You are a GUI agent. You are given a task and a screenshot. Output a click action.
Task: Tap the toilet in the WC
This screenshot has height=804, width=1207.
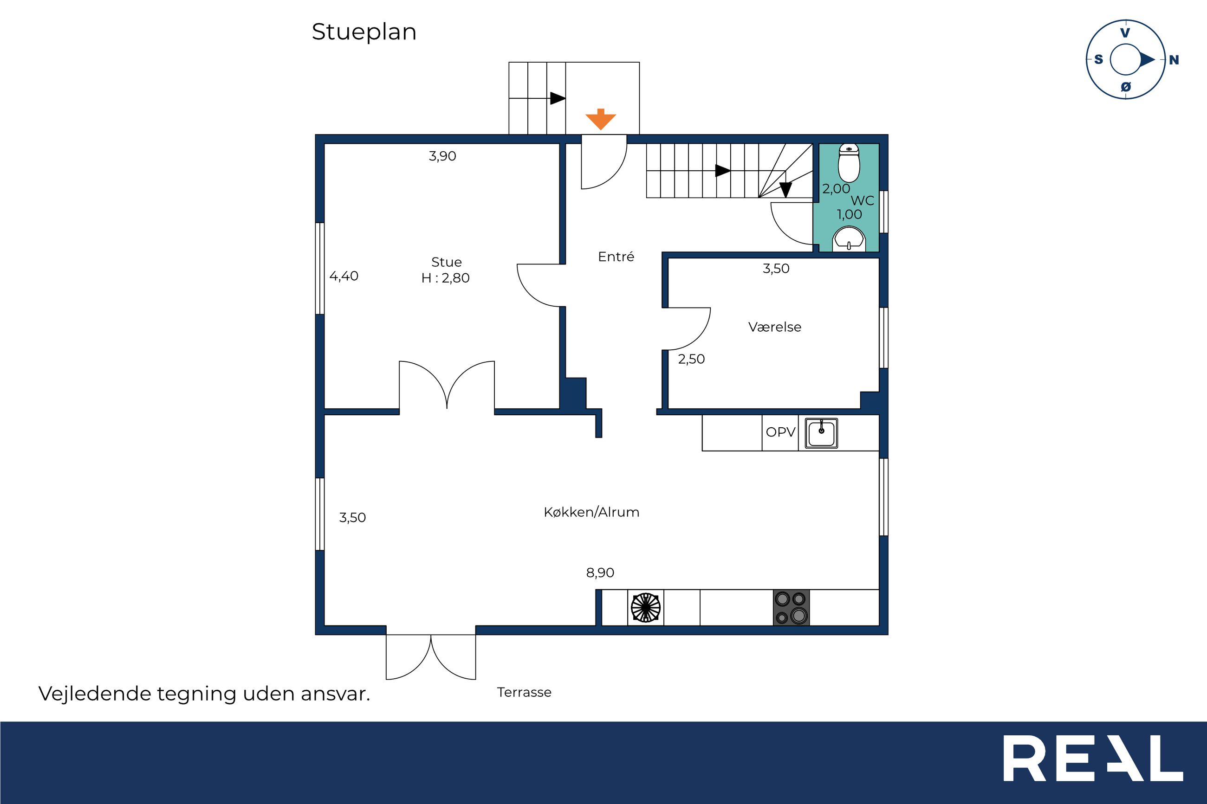(849, 163)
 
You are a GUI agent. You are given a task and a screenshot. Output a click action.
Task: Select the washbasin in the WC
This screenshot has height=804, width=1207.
(849, 239)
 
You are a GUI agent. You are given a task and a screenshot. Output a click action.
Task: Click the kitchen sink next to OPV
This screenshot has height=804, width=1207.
(821, 433)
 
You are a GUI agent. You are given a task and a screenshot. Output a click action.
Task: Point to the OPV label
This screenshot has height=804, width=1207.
(780, 432)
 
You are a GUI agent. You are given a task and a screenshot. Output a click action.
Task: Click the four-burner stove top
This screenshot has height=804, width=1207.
(791, 608)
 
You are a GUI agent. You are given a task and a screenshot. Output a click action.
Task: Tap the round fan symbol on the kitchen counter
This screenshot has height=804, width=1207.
(646, 608)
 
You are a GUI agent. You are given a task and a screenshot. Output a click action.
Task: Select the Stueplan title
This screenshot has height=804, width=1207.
(363, 32)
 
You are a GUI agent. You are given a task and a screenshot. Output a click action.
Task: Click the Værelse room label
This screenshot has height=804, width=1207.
(775, 327)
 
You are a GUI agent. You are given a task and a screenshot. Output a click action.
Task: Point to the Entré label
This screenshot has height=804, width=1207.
(616, 257)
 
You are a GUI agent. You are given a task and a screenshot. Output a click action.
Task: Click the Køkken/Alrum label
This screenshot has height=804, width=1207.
(591, 512)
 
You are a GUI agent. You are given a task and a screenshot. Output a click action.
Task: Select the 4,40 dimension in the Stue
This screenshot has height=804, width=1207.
(344, 277)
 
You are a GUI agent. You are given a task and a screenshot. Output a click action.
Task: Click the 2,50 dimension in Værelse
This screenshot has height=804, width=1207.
(692, 360)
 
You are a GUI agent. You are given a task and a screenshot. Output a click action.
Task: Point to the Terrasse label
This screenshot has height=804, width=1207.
(524, 692)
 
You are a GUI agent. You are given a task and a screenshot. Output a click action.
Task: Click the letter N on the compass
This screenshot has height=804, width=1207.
(1174, 60)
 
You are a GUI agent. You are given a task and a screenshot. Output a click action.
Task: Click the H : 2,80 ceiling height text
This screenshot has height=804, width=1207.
(445, 278)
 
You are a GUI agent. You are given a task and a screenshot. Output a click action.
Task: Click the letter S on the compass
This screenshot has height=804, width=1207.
(1098, 59)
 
